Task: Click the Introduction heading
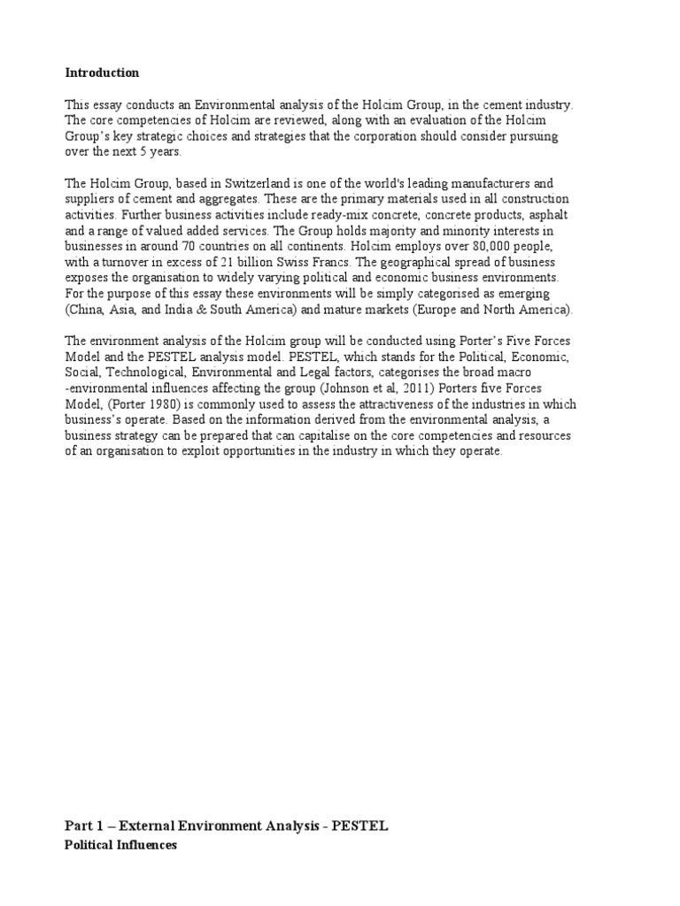102,72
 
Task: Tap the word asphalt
549,215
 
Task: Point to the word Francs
304,262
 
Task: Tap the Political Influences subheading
120,845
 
